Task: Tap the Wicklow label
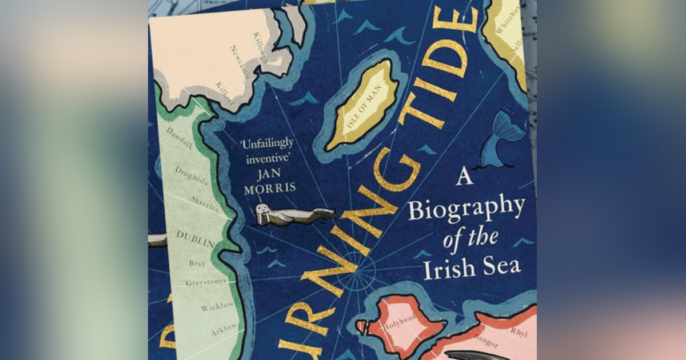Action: click(217, 306)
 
